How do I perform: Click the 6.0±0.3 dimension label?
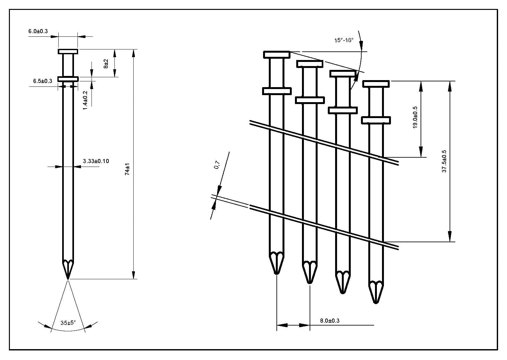point(38,31)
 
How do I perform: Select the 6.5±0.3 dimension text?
point(42,81)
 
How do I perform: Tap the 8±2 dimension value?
point(106,63)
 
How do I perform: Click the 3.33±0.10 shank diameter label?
point(96,161)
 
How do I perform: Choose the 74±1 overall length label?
point(127,169)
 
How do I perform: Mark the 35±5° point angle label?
point(68,323)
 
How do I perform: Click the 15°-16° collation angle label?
point(344,40)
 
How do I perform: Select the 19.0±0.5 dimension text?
point(415,117)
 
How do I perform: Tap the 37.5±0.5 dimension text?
point(444,161)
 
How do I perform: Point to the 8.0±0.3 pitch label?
point(330,320)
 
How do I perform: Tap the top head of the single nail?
point(68,51)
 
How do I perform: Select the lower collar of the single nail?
point(68,79)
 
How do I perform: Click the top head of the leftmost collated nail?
point(276,55)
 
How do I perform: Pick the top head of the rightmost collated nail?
point(376,84)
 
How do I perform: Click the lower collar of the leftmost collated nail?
point(276,91)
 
